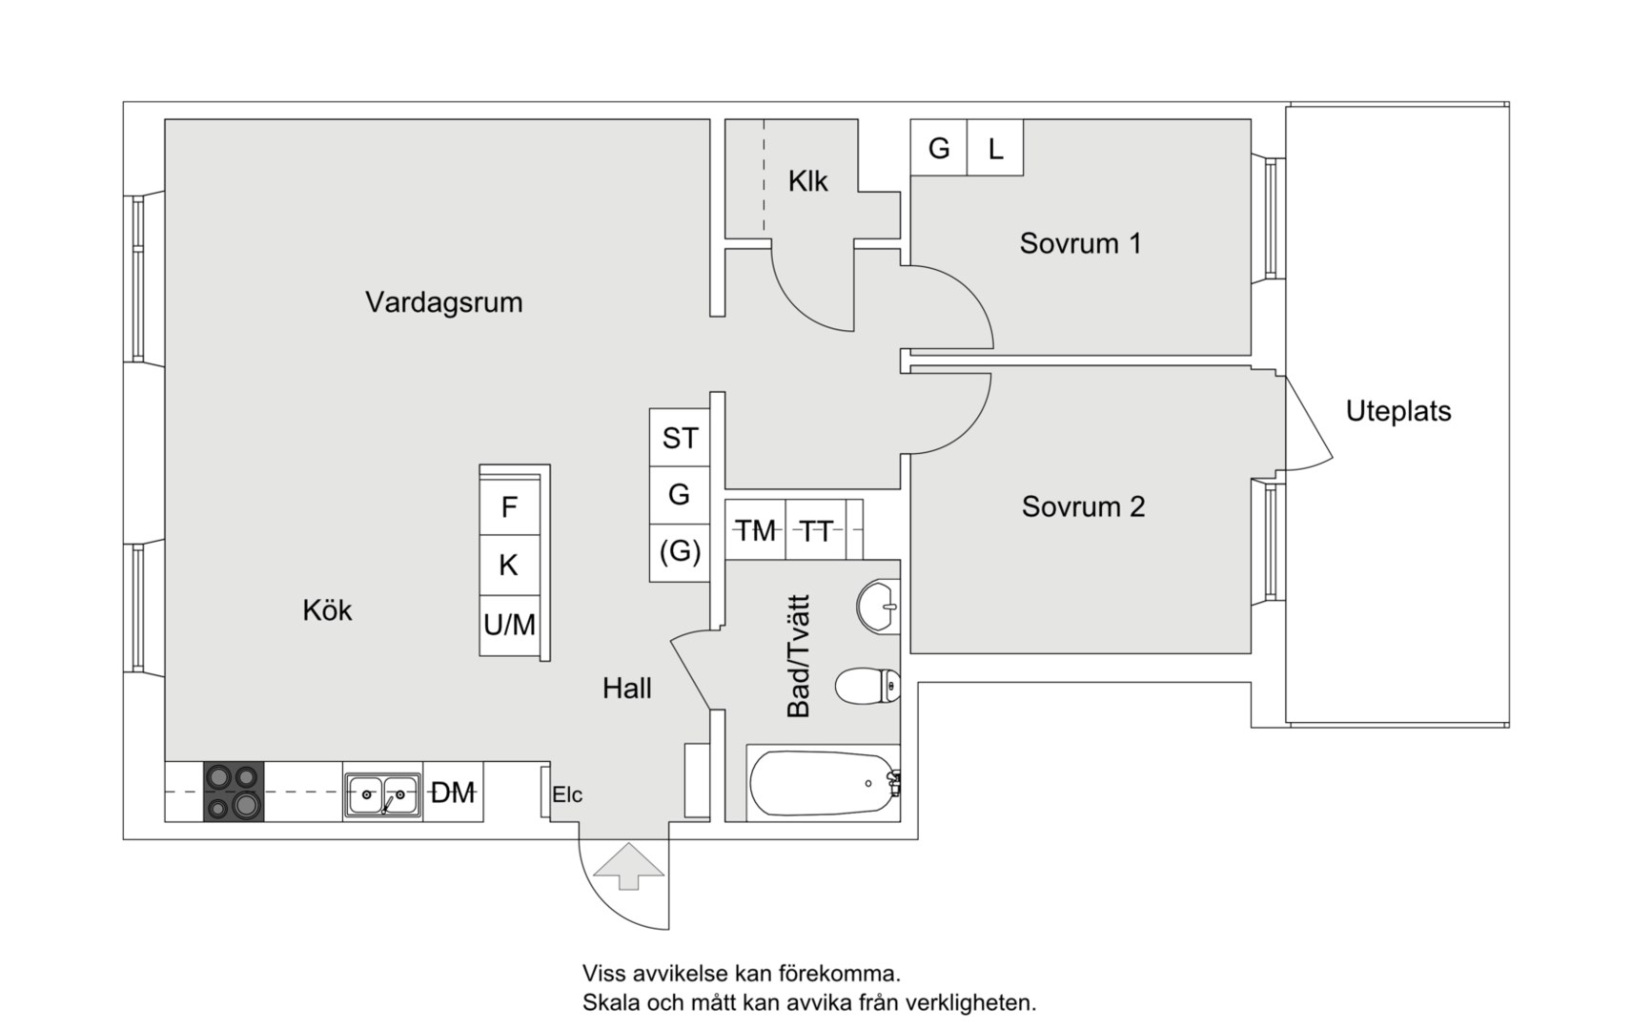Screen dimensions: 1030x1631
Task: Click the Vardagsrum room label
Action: point(443,302)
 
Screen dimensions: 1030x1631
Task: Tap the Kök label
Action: point(327,610)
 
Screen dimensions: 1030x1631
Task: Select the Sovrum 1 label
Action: point(1080,243)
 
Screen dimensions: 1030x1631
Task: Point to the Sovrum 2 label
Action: point(1083,506)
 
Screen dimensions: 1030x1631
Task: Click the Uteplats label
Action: point(1397,411)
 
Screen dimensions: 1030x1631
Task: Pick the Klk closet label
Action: point(807,181)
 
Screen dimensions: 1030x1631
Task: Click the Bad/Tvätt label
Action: point(798,656)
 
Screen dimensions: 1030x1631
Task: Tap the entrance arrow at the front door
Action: point(628,866)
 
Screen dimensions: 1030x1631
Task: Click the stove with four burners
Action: point(234,792)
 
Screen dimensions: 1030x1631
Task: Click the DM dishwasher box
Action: point(453,793)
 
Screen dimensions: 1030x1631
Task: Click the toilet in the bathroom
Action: point(866,685)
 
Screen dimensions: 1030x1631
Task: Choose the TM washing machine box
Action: point(755,530)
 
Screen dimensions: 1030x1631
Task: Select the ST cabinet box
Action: point(680,438)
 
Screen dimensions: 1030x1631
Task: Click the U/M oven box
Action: point(509,626)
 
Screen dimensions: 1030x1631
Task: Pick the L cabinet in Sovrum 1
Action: point(995,149)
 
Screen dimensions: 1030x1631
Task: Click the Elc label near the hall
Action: point(567,794)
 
